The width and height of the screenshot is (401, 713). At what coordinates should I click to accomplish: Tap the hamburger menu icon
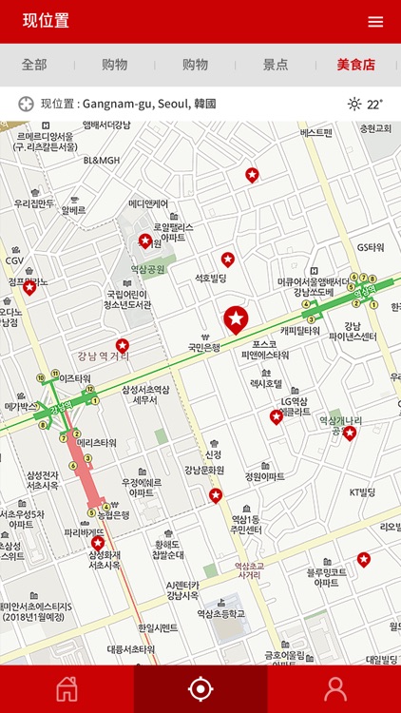[376, 22]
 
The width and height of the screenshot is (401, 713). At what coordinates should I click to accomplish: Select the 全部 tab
[34, 65]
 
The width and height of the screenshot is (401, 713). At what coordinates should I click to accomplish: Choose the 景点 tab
[276, 65]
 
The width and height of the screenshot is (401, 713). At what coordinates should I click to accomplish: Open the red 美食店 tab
[356, 65]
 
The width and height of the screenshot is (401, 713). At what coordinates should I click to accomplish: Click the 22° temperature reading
[374, 105]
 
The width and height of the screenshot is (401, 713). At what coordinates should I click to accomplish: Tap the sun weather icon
[354, 105]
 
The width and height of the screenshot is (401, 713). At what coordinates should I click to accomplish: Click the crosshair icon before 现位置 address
[26, 104]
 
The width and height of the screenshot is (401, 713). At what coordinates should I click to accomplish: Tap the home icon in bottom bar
[67, 689]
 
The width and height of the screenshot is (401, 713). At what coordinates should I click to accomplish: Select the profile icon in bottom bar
[334, 689]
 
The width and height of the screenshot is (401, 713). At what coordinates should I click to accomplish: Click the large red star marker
[235, 318]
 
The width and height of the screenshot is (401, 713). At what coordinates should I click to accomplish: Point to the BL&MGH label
[102, 161]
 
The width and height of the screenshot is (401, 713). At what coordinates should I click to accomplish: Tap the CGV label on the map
[14, 260]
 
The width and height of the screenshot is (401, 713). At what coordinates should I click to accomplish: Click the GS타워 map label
[371, 247]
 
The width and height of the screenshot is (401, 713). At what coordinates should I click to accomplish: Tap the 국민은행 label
[204, 347]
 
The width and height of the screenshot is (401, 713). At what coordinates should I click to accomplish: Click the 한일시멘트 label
[158, 627]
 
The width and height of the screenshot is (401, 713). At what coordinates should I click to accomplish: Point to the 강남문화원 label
[204, 469]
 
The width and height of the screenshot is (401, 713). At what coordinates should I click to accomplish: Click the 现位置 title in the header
[46, 22]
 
